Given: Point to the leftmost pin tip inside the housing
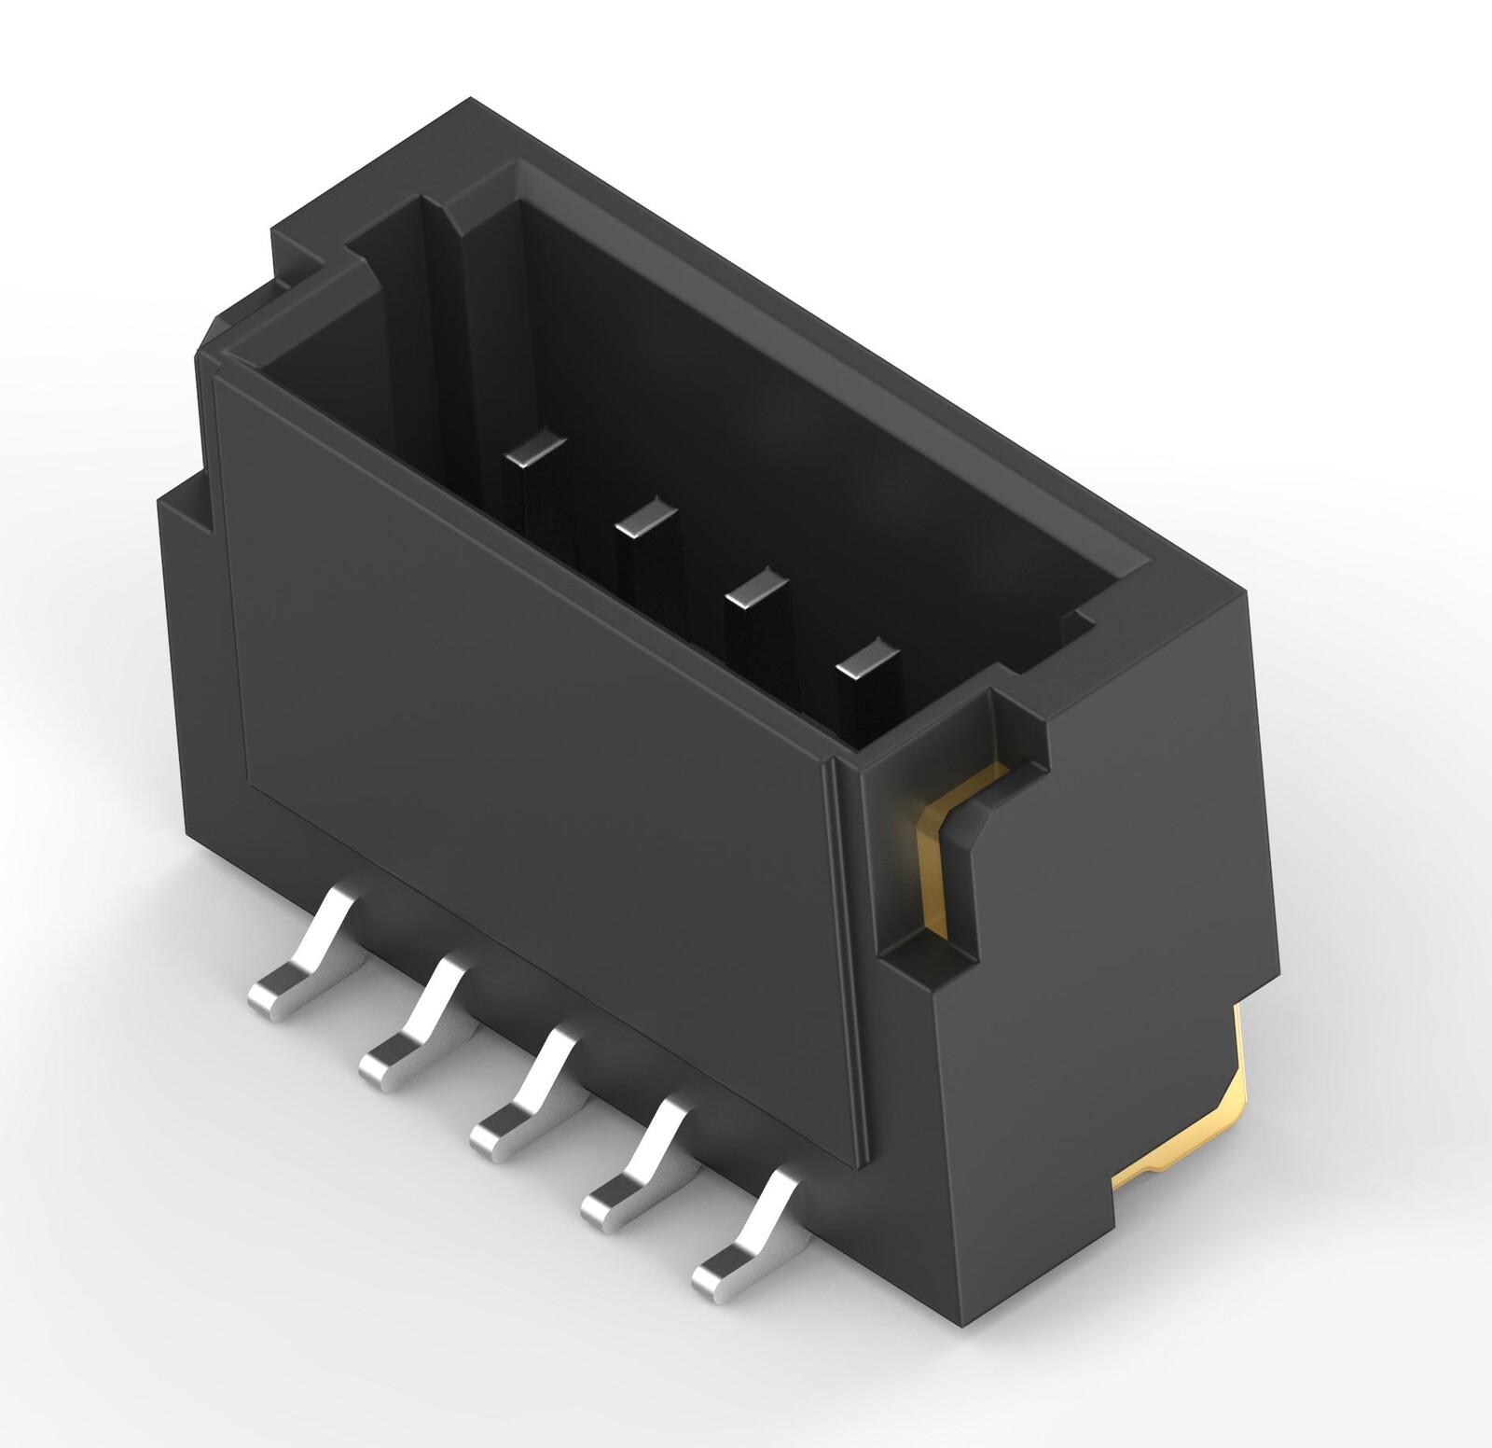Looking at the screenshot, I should tap(534, 450).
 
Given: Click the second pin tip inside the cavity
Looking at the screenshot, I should tap(646, 515).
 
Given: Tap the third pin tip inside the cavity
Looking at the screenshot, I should tap(757, 585).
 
